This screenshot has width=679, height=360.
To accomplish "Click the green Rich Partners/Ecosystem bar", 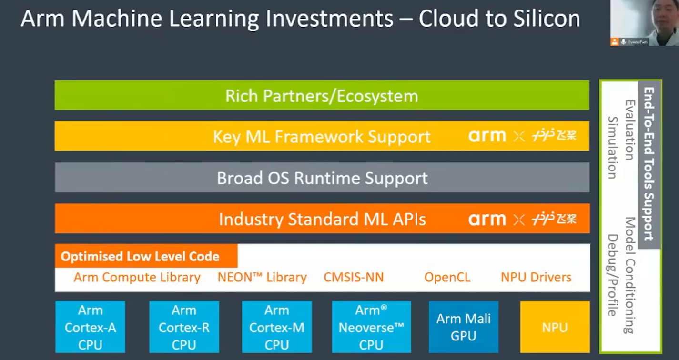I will pos(322,95).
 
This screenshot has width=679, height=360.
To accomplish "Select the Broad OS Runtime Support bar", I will pos(322,178).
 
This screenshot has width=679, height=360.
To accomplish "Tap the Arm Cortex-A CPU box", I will pos(90,327).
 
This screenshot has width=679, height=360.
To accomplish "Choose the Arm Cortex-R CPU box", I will pos(184,327).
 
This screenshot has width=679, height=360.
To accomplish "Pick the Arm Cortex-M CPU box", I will pos(277,327).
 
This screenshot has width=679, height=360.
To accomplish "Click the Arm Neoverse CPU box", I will pos(371,327).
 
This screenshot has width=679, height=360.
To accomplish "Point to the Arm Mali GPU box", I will pos(463,327).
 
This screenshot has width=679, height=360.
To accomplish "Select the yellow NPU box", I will pos(555,327).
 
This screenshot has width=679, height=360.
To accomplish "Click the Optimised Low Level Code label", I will pos(141,256).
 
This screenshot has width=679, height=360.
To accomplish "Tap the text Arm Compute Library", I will pos(137,277).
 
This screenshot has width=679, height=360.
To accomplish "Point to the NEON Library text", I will pos(262,277).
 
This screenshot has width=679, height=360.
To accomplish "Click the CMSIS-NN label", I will pos(354,277).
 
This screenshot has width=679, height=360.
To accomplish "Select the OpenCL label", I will pos(447,277).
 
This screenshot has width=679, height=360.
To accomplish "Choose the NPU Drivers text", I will pos(536,277).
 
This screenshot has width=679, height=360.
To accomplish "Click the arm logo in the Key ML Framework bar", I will pos(486,136).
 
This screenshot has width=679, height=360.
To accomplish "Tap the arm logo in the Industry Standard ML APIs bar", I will pos(486,219).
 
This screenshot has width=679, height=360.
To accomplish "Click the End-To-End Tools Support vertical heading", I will pos(649,164).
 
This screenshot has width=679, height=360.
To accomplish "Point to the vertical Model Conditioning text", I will pos(630,275).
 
